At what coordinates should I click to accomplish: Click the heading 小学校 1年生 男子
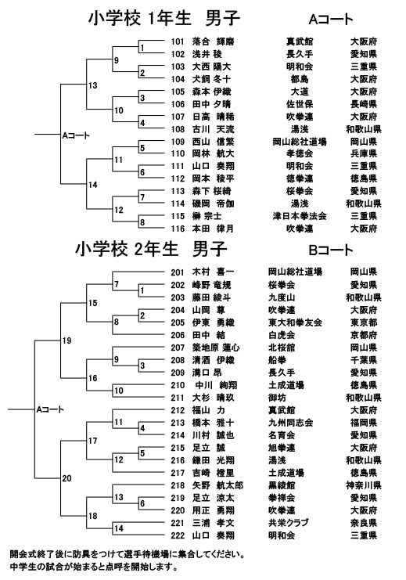pyautogui.click(x=163, y=18)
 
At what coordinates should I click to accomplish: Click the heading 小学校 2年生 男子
pyautogui.click(x=151, y=249)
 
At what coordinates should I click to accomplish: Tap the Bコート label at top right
pyautogui.click(x=331, y=250)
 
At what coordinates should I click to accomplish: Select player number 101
pyautogui.click(x=178, y=41)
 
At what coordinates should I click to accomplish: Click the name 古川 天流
pyautogui.click(x=213, y=129)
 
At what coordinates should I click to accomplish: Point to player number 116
pyautogui.click(x=178, y=229)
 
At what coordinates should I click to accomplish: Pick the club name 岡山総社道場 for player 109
pyautogui.click(x=300, y=142)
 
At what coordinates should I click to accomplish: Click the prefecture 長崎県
pyautogui.click(x=364, y=104)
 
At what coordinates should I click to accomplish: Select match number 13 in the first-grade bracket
pyautogui.click(x=93, y=85)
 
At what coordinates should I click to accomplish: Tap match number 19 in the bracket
pyautogui.click(x=67, y=340)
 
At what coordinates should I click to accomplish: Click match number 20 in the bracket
pyautogui.click(x=67, y=478)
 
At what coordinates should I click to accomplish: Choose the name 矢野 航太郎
pyautogui.click(x=217, y=485)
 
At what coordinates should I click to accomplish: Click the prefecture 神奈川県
pyautogui.click(x=364, y=485)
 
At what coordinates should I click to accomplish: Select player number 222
pyautogui.click(x=178, y=535)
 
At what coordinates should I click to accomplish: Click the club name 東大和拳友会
pyautogui.click(x=295, y=322)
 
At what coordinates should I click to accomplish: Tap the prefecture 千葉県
pyautogui.click(x=364, y=360)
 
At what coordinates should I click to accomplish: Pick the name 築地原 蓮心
pyautogui.click(x=216, y=348)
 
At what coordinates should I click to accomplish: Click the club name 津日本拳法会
pyautogui.click(x=300, y=216)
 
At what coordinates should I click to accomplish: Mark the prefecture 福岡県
pyautogui.click(x=364, y=423)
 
